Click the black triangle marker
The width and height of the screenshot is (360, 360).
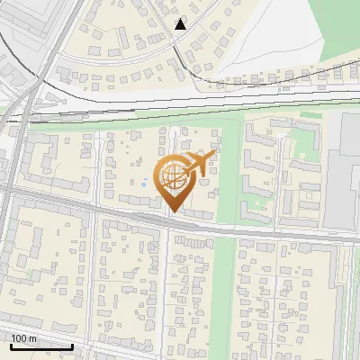coord(181,24)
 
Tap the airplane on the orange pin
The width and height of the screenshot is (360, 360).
coord(197,164)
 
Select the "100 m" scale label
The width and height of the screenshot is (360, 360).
coord(24,337)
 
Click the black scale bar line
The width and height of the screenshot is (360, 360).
coord(41,346)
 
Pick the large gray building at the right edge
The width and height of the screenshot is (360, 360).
coord(343,171)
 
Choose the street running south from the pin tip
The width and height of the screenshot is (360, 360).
coord(167,288)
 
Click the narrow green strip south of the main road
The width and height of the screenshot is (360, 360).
coord(225,297)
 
